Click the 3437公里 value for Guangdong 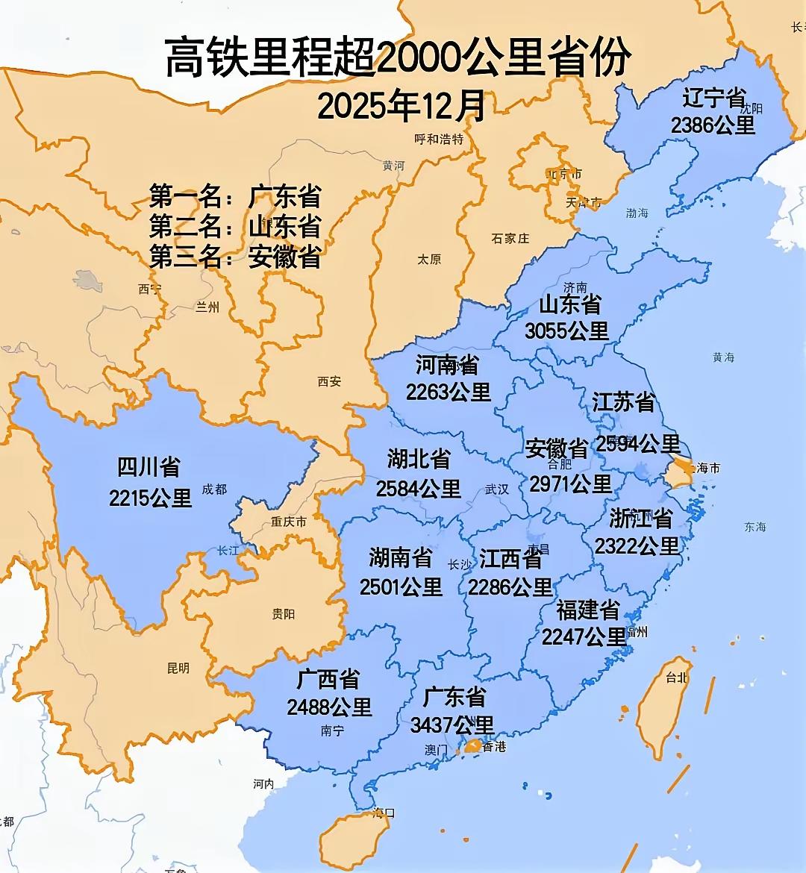point(452,725)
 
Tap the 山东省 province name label point(570,304)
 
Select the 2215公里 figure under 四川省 point(151,498)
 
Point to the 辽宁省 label point(714,98)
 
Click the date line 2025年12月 point(402,106)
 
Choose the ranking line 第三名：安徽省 point(235,257)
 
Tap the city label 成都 point(214,489)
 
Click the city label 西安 point(329,381)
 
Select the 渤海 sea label point(637,213)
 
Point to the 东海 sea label point(755,527)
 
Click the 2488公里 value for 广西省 point(329,707)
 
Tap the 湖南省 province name point(401,557)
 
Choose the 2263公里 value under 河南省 point(448,392)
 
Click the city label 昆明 point(178,669)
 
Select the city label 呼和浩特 point(439,139)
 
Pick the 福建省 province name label point(587,610)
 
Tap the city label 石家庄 point(510,238)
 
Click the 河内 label point(263,783)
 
